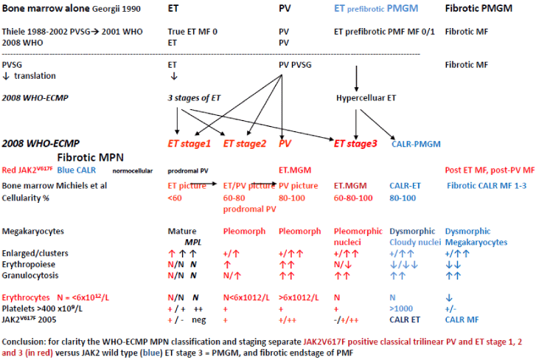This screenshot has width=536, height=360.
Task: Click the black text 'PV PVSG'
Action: coord(296,64)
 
